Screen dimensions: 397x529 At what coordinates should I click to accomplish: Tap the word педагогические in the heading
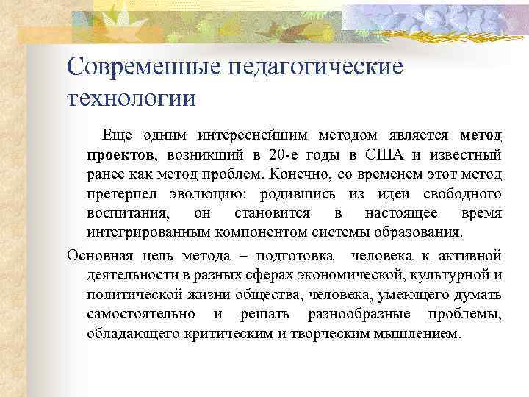pos(317,66)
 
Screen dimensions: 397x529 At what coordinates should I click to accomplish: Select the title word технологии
pos(132,98)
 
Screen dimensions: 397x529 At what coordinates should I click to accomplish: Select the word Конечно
pos(300,174)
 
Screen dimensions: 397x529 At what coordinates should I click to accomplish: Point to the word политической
pos(129,295)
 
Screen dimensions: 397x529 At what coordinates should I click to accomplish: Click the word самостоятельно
pos(140,314)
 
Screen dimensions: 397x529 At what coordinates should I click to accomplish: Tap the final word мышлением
pos(421,333)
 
